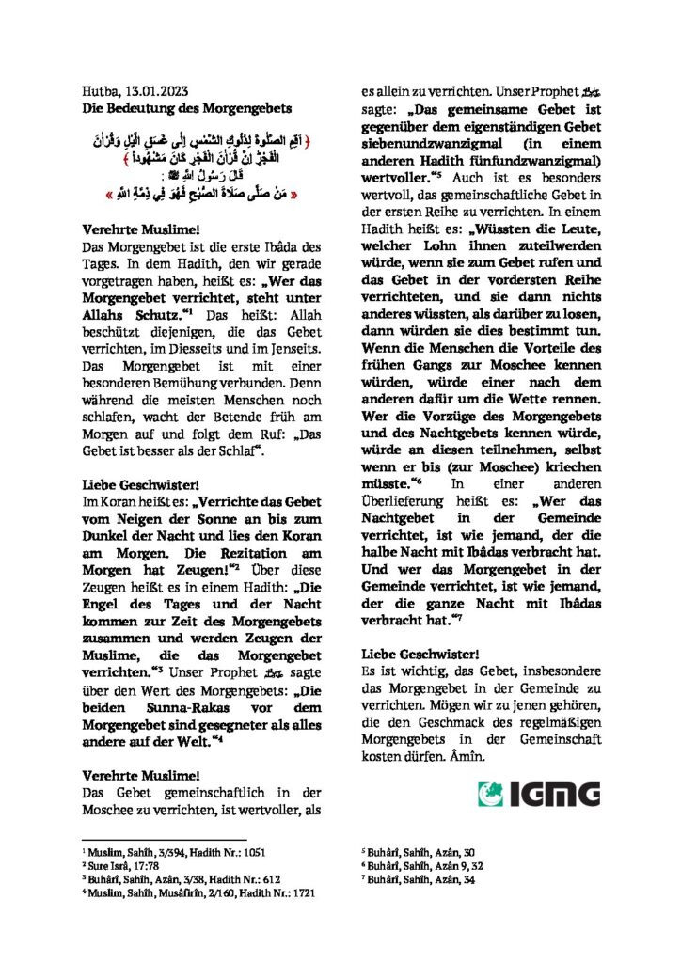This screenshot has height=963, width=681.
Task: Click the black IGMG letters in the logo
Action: click(555, 794)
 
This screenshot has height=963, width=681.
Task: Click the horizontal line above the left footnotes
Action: click(165, 839)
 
